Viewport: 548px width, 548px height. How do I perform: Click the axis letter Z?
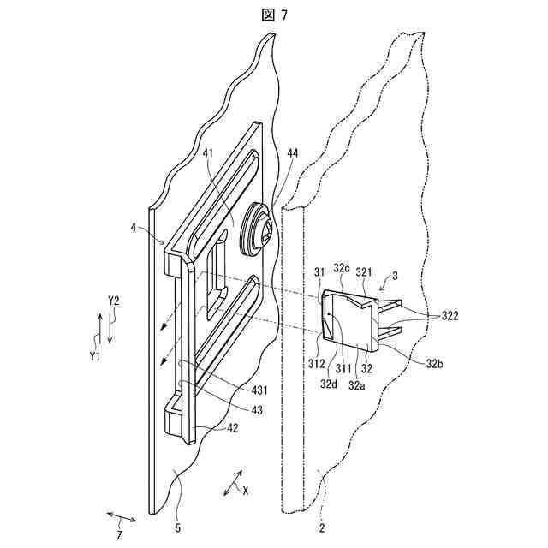click(x=120, y=535)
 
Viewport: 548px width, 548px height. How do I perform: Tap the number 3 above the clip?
click(x=394, y=277)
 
